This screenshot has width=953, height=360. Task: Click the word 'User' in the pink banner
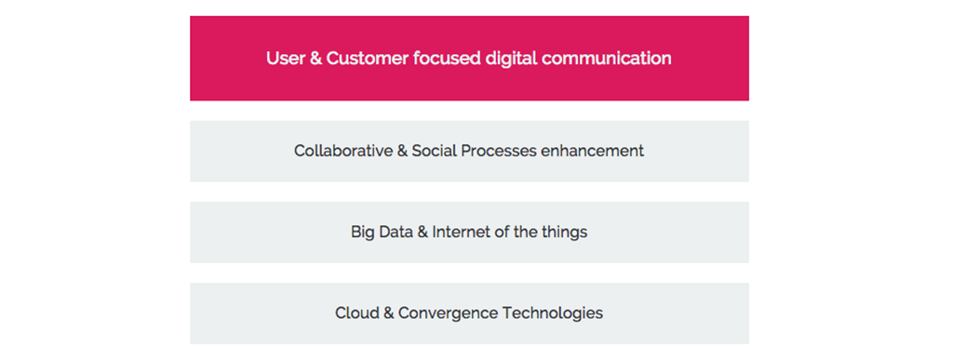click(284, 59)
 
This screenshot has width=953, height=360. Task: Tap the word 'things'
click(565, 232)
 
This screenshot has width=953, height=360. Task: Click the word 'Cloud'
click(357, 313)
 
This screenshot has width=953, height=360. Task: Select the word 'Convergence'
click(448, 313)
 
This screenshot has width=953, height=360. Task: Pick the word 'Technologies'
click(553, 313)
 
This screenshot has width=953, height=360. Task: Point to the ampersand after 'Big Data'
click(423, 232)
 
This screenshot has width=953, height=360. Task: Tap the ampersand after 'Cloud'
click(388, 313)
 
